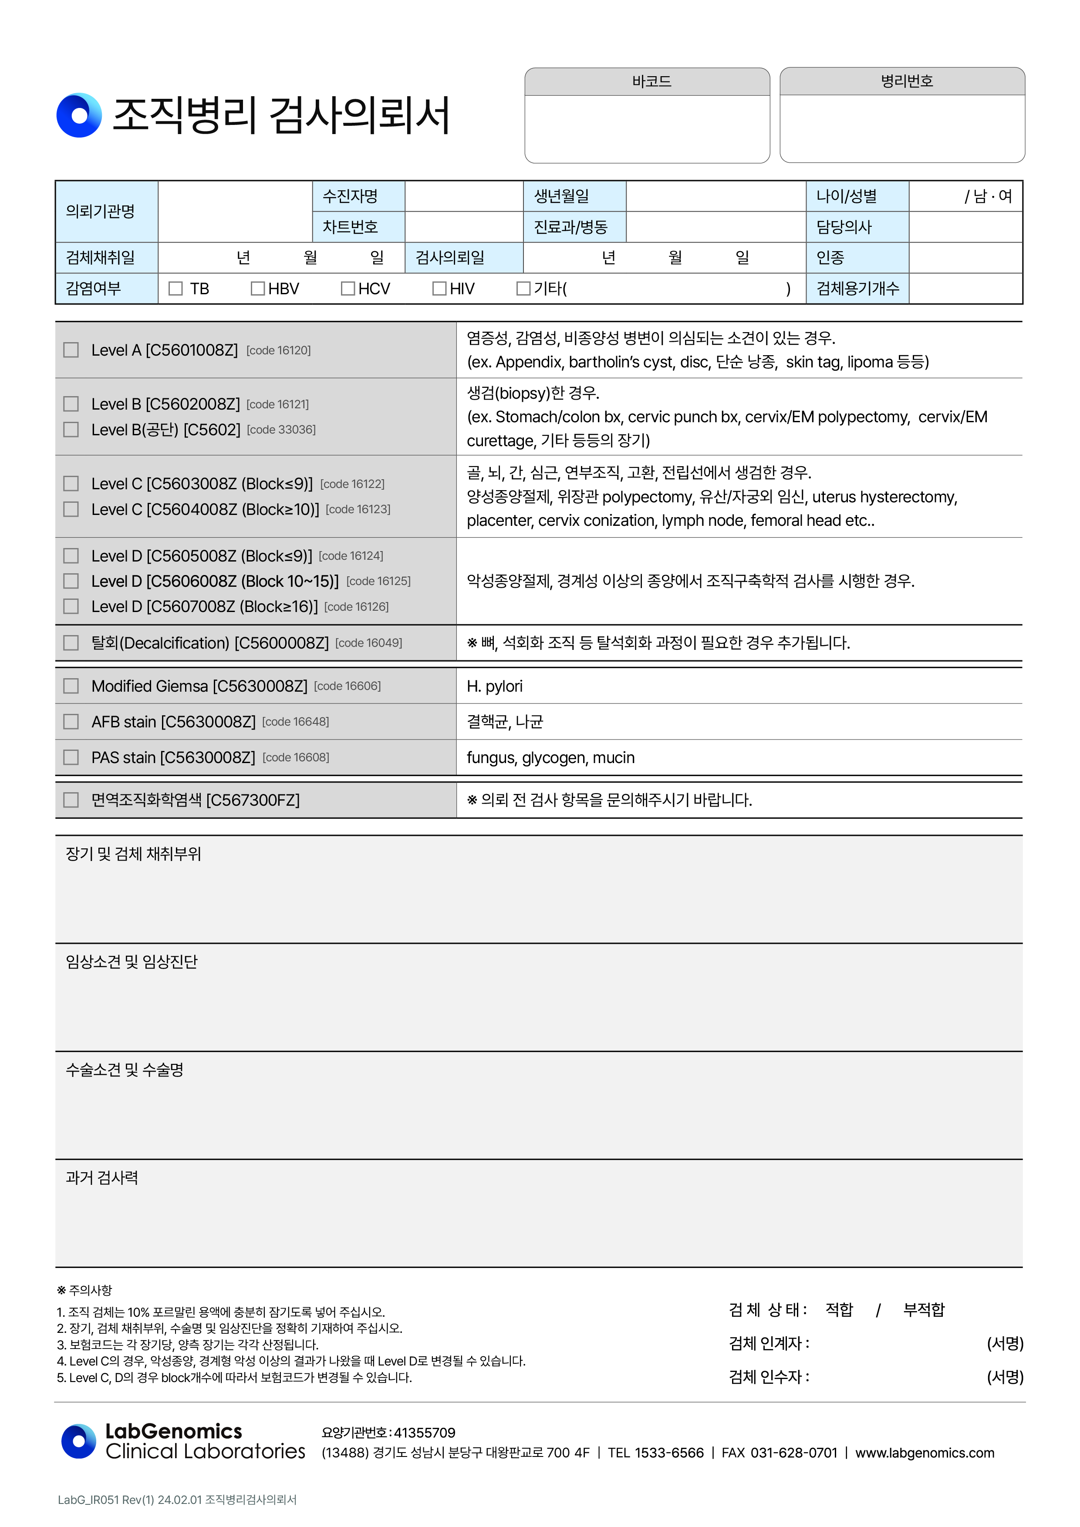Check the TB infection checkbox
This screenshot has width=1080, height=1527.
coord(175,289)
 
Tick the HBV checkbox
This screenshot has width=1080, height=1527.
coord(257,289)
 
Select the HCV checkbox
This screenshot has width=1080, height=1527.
coord(348,289)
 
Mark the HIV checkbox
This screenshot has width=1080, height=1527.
coord(439,289)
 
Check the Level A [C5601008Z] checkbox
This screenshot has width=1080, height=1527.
coord(71,350)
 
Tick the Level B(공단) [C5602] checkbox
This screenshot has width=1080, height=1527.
coord(71,430)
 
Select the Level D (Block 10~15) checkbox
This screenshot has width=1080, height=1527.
coord(71,581)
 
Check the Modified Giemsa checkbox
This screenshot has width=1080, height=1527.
coord(71,686)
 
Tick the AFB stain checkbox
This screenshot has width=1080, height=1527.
coord(71,722)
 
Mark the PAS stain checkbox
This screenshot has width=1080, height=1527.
coord(71,757)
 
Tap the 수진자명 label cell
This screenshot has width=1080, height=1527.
coord(351,196)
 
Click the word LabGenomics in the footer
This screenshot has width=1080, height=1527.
coord(174,1430)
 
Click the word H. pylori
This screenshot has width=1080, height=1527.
coord(494,686)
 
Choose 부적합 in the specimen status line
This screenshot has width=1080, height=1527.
coord(924,1309)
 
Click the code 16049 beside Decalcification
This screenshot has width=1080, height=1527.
coord(369,643)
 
